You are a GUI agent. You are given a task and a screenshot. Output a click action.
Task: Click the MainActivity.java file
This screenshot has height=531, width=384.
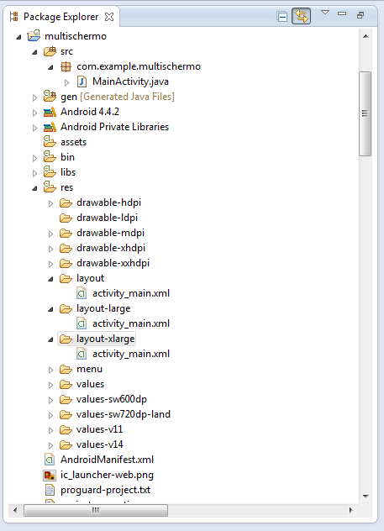pos(130,81)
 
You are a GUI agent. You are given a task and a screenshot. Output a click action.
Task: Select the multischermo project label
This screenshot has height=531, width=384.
pos(76,36)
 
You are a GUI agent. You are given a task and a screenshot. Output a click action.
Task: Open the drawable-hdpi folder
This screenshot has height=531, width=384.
pos(108,202)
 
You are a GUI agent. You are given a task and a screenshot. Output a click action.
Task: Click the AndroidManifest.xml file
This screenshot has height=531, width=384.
pos(107,460)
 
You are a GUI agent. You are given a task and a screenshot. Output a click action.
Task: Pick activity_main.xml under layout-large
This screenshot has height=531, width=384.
pos(131,323)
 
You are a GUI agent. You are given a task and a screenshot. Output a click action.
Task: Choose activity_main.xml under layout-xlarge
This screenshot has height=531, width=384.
pos(131,354)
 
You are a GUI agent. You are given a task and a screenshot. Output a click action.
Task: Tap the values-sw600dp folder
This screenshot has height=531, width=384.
pos(112,399)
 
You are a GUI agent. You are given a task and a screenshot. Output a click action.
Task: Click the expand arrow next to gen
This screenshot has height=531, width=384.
pos(34,97)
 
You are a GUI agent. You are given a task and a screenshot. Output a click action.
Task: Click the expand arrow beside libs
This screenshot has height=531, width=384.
pos(34,173)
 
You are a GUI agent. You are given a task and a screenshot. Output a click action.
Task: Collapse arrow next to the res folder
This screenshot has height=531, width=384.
pos(35,188)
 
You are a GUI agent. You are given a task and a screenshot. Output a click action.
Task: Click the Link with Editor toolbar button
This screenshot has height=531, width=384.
pos(301,16)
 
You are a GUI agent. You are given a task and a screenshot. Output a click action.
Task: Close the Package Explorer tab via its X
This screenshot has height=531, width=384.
pos(109,17)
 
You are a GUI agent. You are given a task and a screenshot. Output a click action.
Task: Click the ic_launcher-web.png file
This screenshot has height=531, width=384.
pos(107,475)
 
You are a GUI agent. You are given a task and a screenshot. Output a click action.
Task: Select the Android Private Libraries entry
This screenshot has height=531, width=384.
pos(115,127)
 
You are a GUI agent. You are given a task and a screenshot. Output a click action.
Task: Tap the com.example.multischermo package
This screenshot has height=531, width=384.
pos(139,66)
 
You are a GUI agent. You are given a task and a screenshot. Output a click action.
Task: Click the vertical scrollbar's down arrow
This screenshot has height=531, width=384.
pos(366,497)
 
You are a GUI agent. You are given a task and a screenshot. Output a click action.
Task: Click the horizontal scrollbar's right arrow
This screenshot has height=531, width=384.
pos(351,510)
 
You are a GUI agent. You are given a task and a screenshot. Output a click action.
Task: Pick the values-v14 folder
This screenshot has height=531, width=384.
pos(99,444)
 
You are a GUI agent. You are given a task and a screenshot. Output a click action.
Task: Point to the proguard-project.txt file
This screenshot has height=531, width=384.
pos(105,490)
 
